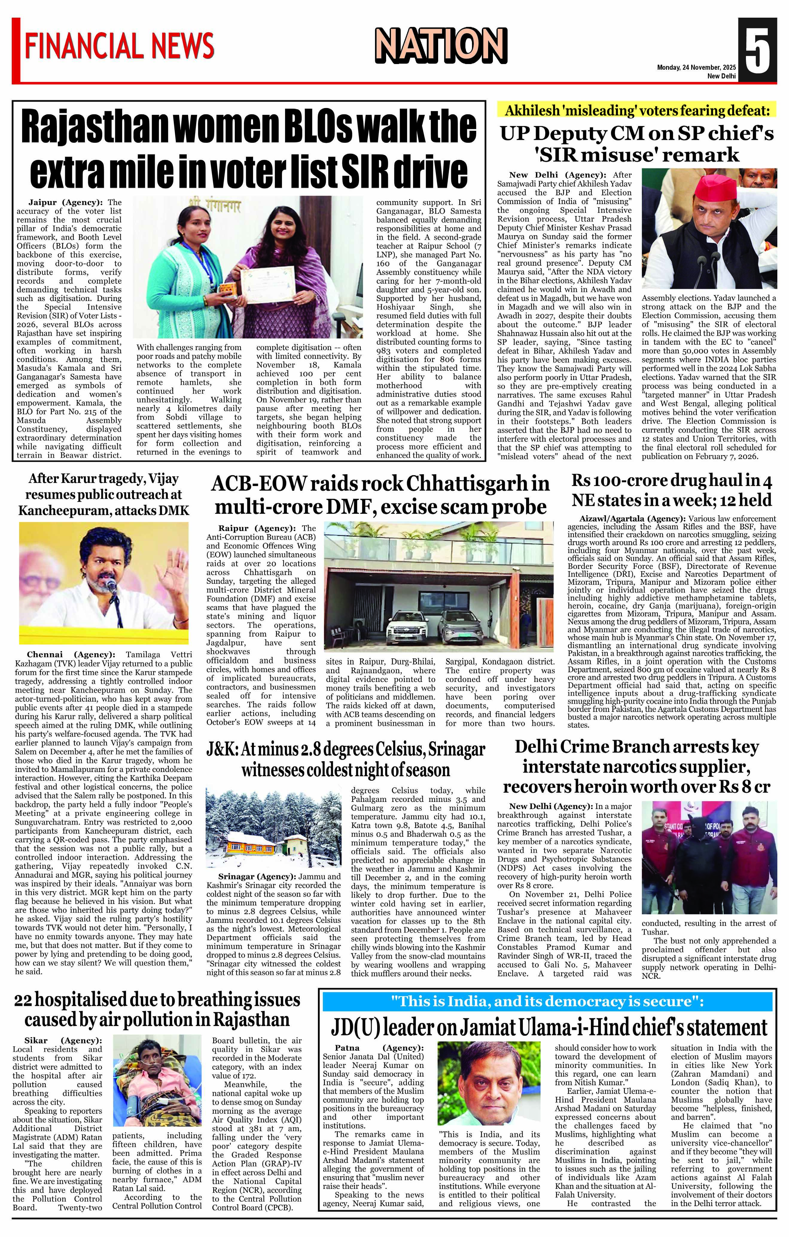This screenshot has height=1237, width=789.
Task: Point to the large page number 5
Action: point(757,50)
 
